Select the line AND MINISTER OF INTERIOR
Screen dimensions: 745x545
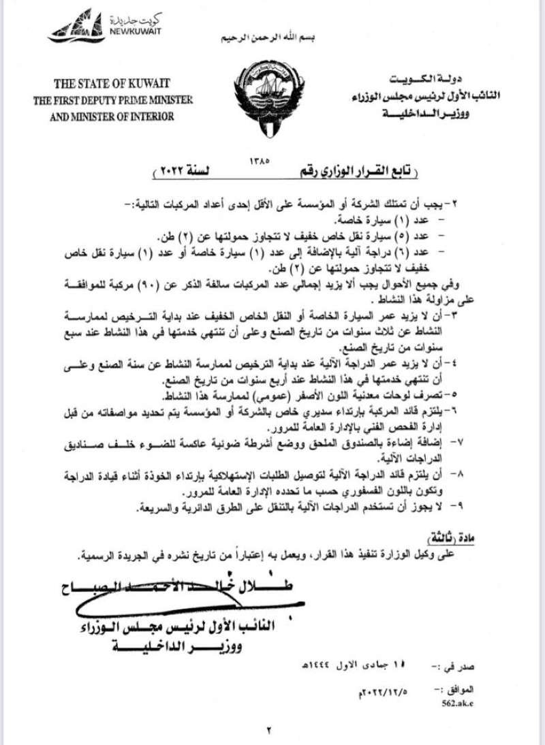112,116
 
